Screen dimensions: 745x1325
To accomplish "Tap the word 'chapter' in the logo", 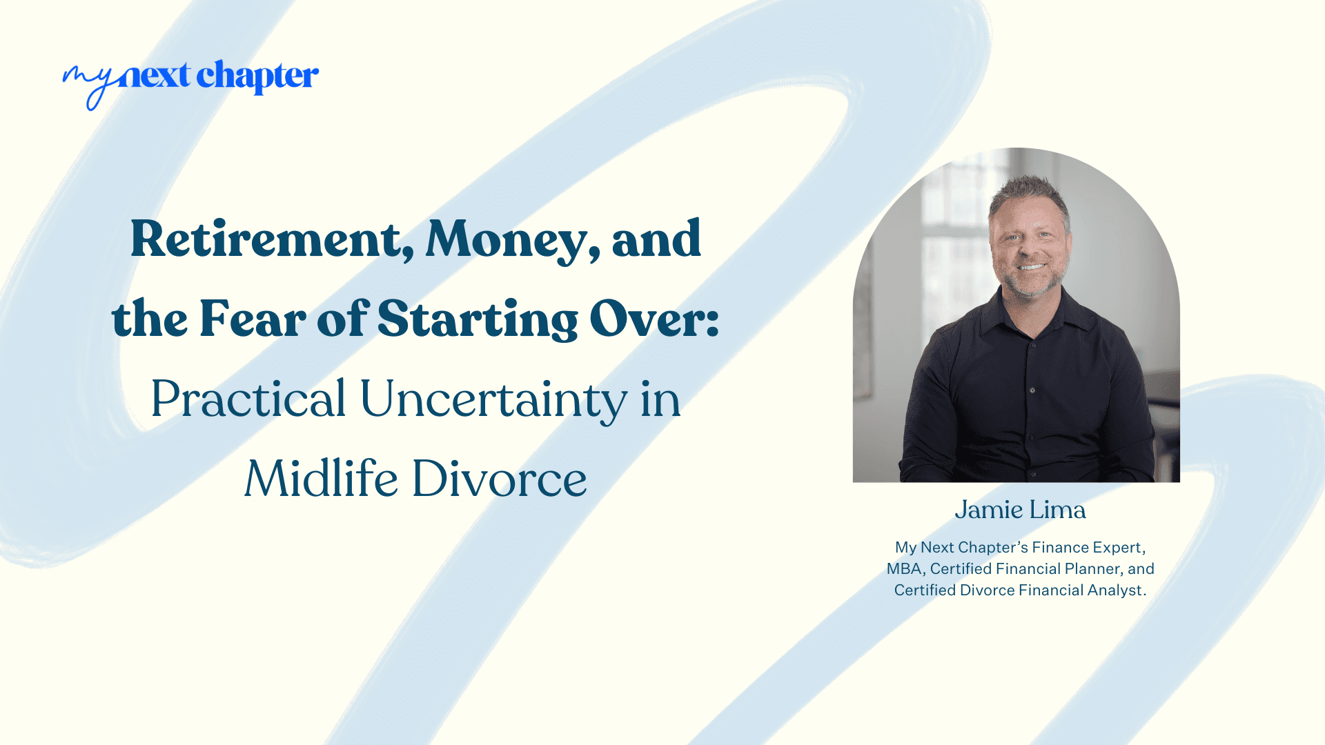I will (x=257, y=77).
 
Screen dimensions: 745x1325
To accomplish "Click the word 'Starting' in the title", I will (x=478, y=319).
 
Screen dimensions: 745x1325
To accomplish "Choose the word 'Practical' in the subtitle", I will (x=248, y=399).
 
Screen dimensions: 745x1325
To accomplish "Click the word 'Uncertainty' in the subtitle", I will (x=493, y=399).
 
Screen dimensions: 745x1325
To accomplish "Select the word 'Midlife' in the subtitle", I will (x=321, y=479).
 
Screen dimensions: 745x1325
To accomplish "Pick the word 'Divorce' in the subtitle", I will (x=500, y=479).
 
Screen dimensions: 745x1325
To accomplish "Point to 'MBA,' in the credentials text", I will (x=905, y=569).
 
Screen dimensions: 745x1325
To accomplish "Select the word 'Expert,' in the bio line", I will (x=1118, y=548).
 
